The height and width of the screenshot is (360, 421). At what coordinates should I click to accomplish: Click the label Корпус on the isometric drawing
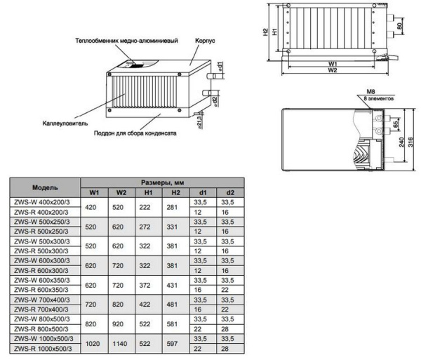click(205, 42)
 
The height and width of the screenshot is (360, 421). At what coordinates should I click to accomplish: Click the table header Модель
click(44, 187)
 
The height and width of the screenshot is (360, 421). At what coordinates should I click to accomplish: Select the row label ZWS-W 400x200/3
click(42, 202)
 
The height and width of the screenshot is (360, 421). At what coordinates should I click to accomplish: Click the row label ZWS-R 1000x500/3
click(44, 349)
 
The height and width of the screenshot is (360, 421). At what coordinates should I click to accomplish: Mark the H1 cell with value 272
click(148, 228)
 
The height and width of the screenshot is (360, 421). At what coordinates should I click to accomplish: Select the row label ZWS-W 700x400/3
click(42, 300)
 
